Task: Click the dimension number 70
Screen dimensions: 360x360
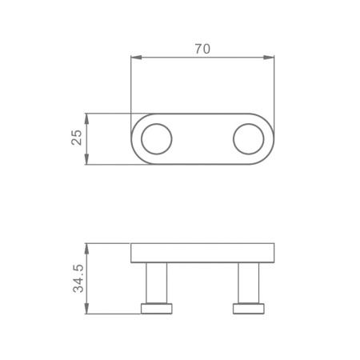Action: coord(202,49)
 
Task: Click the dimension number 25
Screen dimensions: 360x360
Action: coord(77,138)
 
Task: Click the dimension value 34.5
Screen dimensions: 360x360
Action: coord(78,278)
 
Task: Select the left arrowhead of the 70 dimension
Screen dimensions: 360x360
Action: coord(136,58)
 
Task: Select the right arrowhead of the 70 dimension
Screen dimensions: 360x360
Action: coord(269,58)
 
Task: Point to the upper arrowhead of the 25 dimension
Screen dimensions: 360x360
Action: coord(86,118)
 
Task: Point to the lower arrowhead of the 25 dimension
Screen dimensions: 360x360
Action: coord(86,159)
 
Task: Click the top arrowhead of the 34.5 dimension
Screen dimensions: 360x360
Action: coord(86,249)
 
